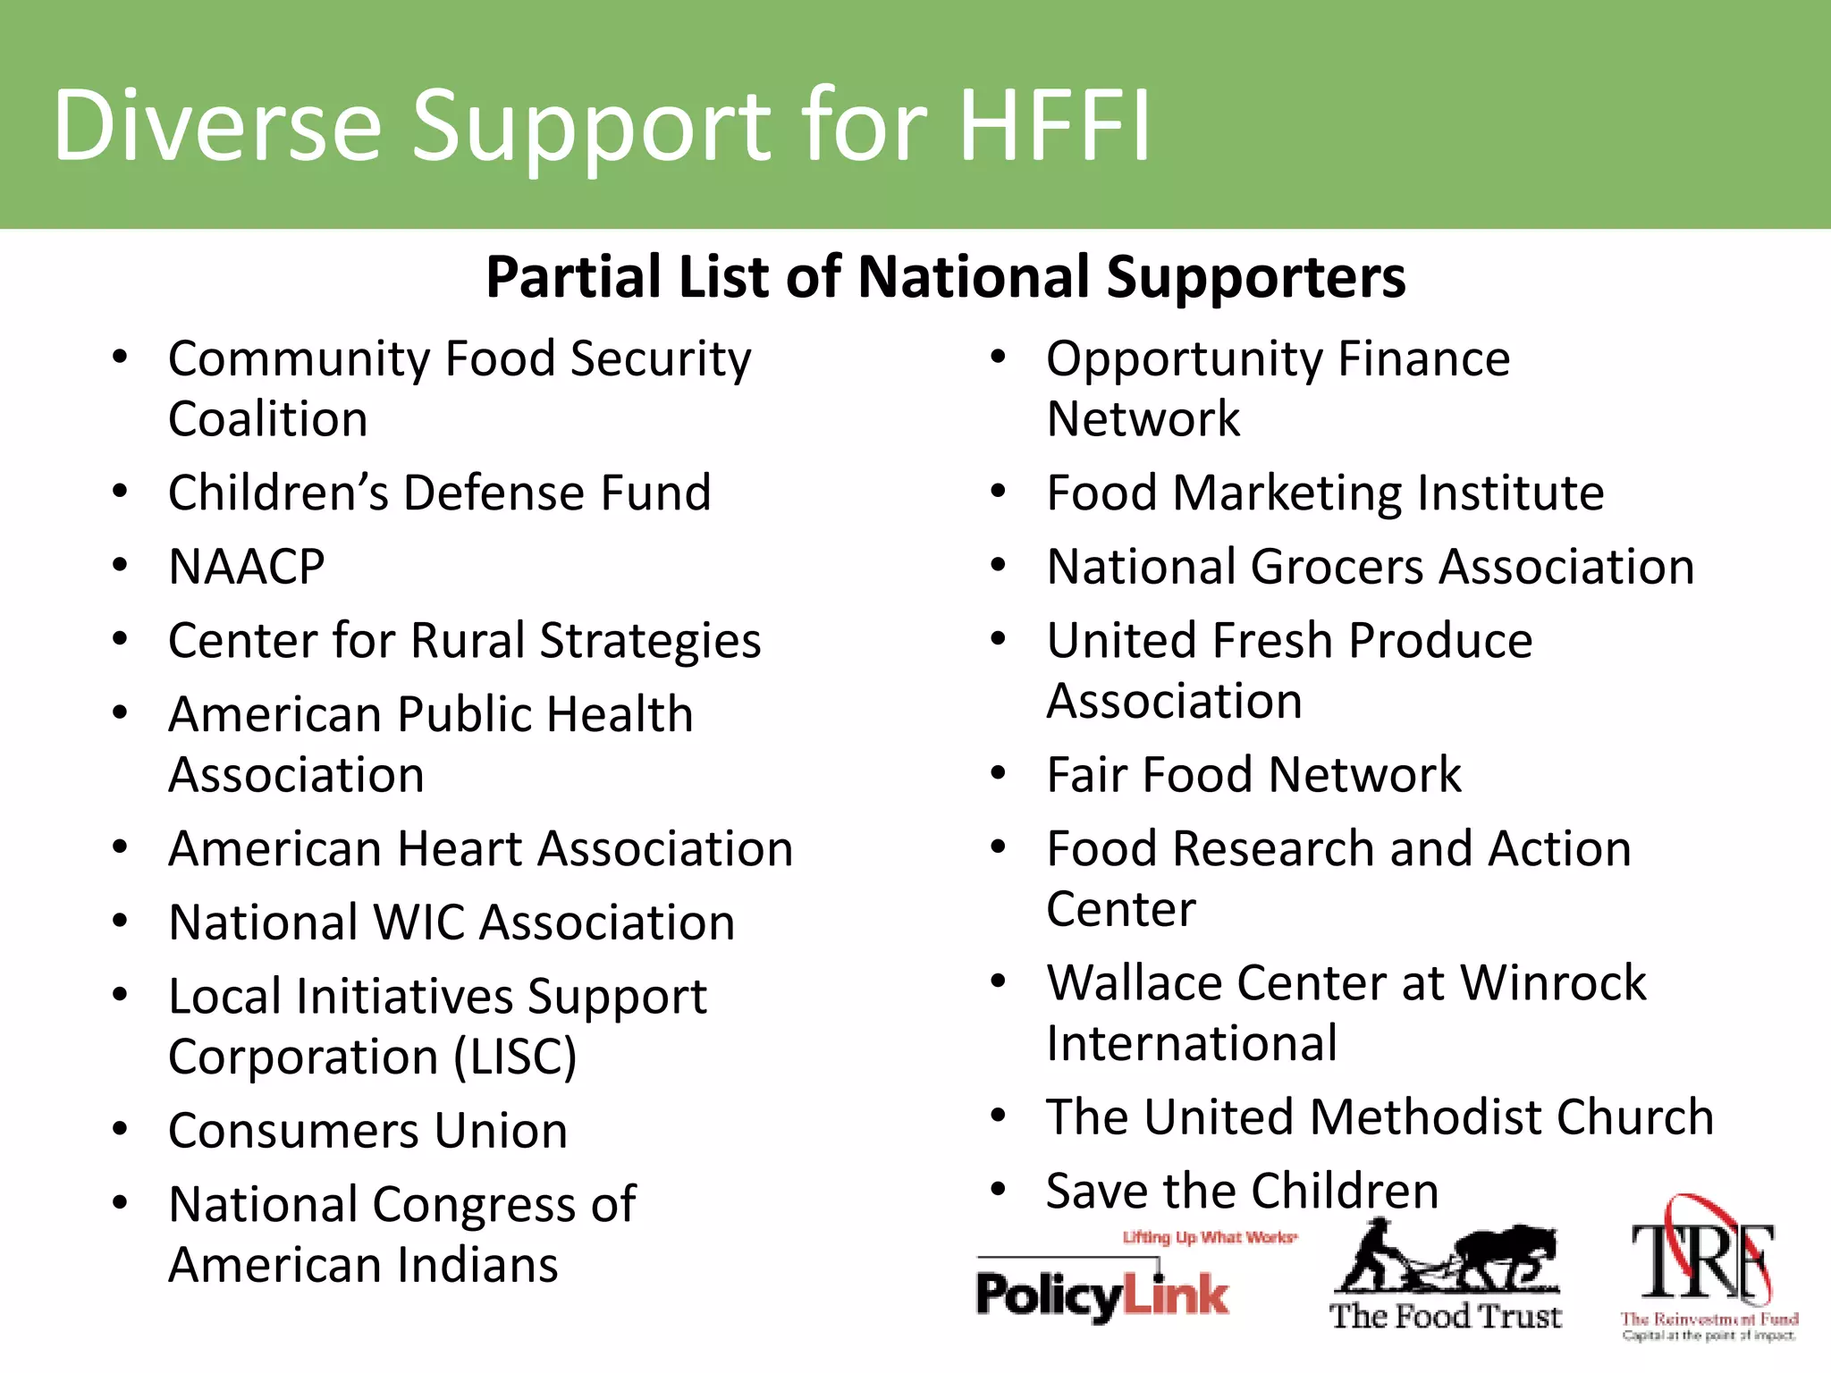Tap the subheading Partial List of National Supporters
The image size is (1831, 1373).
[945, 276]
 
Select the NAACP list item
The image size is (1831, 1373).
[247, 567]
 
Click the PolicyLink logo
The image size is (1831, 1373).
[1102, 1294]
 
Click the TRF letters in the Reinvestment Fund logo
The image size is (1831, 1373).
[1703, 1260]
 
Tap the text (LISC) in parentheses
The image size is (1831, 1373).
[515, 1057]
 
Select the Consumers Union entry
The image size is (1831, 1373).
[367, 1131]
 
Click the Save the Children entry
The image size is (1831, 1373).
[1242, 1191]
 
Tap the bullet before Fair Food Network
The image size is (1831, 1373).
[999, 773]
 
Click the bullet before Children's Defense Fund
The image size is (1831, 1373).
[120, 492]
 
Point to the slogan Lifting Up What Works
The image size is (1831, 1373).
[1209, 1237]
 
